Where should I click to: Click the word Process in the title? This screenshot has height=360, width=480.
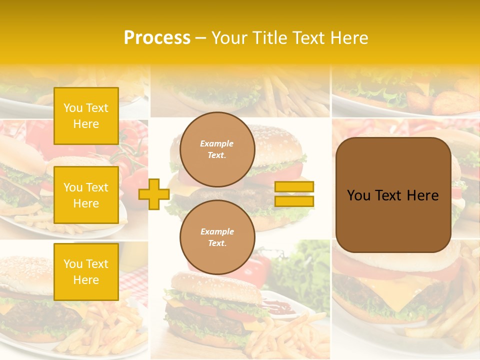[x=157, y=38]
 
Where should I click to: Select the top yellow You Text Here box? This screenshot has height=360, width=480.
[x=86, y=116]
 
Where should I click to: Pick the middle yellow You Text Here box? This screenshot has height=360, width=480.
[x=86, y=195]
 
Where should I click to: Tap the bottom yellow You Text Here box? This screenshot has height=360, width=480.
[x=86, y=271]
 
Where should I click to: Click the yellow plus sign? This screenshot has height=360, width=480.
[x=153, y=194]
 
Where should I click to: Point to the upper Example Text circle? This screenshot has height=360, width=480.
[x=217, y=149]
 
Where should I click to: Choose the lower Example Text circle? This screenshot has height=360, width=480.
[x=217, y=237]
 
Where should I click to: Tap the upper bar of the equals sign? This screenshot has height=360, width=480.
[x=294, y=186]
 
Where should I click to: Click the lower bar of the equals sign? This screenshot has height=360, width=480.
[x=294, y=201]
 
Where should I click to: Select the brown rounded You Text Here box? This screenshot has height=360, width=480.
[x=393, y=195]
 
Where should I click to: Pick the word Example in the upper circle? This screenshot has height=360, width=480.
[x=217, y=143]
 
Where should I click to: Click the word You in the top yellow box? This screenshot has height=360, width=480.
[x=73, y=108]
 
